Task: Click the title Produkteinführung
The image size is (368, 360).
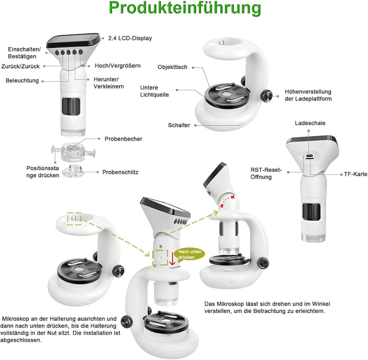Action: coord(185,9)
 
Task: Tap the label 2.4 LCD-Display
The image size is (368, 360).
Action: coord(130,38)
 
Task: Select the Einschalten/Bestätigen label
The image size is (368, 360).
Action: coord(24,53)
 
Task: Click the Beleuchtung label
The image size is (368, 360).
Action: coord(22,80)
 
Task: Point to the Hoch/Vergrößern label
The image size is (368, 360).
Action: coord(118,66)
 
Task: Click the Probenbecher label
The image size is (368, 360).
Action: coord(123,139)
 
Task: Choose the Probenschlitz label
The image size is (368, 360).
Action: coord(120,172)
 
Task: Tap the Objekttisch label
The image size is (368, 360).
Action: coord(172,67)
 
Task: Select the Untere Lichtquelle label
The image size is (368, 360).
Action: coord(154,91)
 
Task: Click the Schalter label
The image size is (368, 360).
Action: coord(179,125)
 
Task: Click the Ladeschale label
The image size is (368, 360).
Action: coord(310,123)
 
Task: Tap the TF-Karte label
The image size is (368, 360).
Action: coord(355,174)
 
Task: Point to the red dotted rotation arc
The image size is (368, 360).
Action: coord(226,200)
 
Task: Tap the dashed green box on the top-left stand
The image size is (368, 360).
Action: coord(74,218)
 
